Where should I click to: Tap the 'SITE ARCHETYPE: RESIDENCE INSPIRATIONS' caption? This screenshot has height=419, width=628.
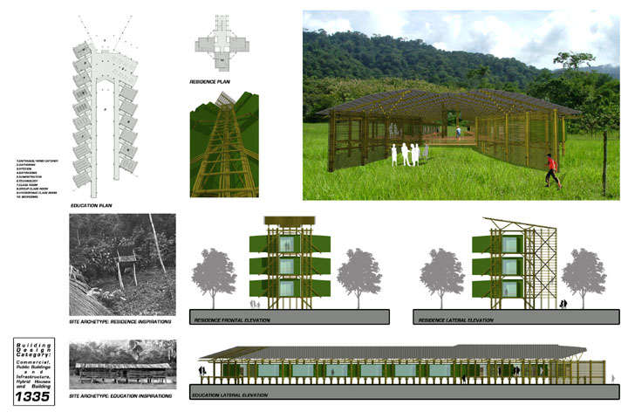coord(119,322)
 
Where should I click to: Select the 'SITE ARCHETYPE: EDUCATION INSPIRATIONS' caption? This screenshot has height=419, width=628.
coord(119,396)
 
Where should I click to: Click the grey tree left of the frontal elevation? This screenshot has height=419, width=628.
coord(215,269)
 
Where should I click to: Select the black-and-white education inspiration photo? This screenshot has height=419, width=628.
coord(122,365)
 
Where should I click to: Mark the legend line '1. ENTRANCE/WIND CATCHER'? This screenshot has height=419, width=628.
coord(36,161)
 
